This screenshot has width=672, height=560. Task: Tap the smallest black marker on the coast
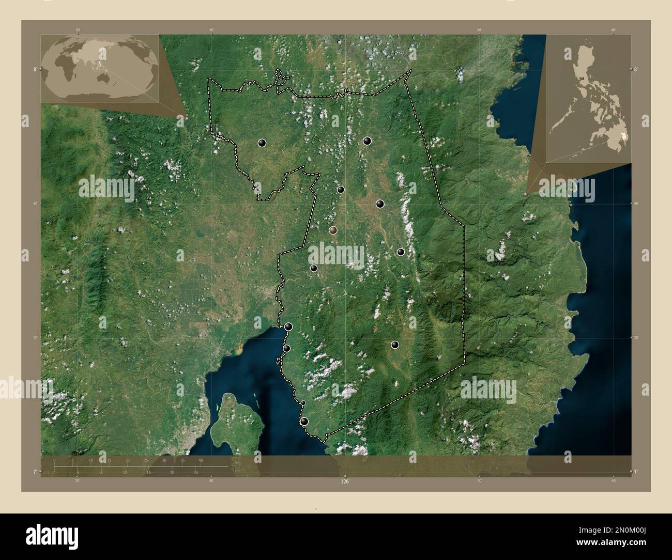click(x=303, y=403)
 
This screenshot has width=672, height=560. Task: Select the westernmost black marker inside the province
click(x=262, y=143)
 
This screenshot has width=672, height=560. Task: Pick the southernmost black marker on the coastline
click(x=304, y=422)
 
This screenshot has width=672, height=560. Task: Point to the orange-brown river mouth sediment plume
click(x=238, y=351)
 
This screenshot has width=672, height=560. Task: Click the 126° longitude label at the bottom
click(x=345, y=481)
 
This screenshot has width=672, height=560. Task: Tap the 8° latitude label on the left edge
click(x=35, y=69)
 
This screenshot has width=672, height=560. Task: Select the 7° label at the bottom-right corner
click(x=636, y=472)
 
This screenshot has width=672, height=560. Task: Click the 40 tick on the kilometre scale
click(x=201, y=460)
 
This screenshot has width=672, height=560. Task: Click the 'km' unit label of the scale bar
click(x=237, y=462)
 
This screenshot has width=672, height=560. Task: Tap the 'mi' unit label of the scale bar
click(x=237, y=471)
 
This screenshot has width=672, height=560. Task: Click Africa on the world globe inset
click(x=63, y=66)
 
